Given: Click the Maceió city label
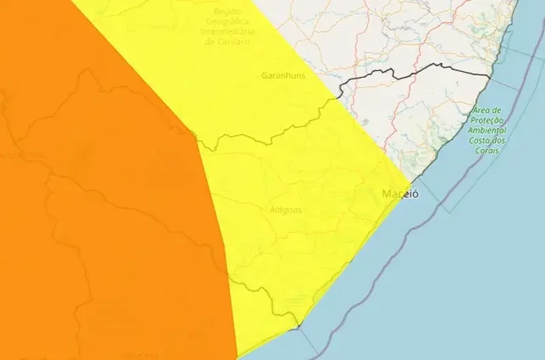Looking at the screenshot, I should click(x=400, y=194).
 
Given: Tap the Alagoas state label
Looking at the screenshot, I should click(x=286, y=209).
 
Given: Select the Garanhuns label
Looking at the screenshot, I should click(x=283, y=76).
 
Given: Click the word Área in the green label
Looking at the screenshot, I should click(x=483, y=110).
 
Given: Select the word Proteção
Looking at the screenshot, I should click(x=488, y=120).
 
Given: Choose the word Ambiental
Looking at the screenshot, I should click(x=488, y=131).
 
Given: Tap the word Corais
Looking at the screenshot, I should click(x=487, y=151).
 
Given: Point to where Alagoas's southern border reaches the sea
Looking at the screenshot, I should click(x=298, y=324).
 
